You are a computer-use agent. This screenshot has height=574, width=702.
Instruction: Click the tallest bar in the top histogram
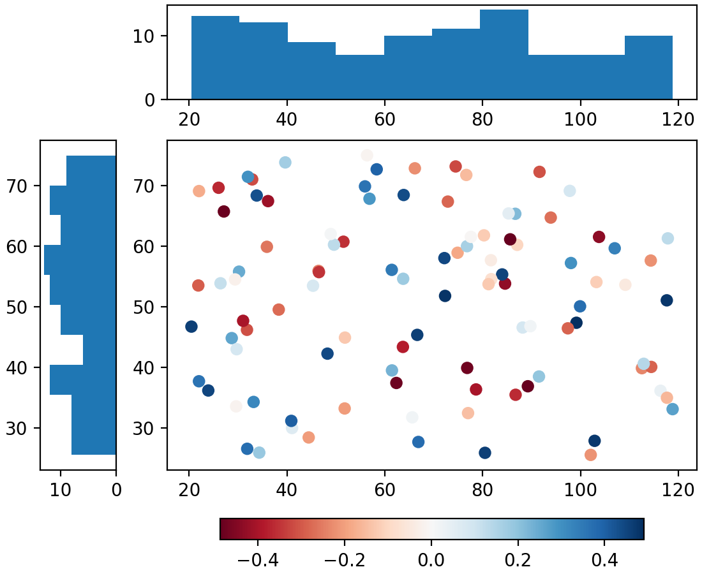pos(504,55)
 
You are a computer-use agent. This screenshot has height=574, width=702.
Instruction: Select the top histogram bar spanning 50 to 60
pos(359,77)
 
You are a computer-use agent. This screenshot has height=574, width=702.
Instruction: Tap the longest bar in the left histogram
pos(80,260)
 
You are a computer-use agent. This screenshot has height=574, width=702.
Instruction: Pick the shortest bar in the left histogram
pos(100,350)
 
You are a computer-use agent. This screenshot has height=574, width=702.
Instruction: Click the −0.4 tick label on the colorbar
pos(258,561)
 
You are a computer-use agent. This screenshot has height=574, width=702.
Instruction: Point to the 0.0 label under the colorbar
pos(431,561)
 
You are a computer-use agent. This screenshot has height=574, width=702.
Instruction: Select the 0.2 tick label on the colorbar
pos(518,561)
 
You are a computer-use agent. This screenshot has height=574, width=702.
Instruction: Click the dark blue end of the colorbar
pos(640,529)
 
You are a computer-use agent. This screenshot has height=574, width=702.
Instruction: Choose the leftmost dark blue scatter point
pos(191,327)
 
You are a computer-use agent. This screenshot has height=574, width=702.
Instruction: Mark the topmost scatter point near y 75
pos(367,156)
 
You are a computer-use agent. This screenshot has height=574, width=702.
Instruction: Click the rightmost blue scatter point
pos(672,409)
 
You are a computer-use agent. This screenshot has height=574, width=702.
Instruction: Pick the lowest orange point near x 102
pos(590,455)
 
